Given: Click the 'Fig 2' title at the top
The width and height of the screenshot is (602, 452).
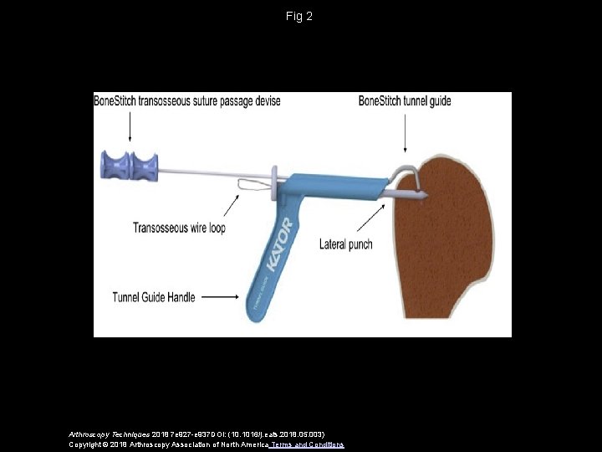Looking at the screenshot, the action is [x=300, y=16].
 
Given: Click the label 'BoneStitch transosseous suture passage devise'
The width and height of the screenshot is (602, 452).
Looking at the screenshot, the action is [x=186, y=101].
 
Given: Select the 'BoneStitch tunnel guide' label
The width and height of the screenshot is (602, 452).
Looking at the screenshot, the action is [x=405, y=101].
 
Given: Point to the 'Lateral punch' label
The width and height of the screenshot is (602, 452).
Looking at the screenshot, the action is [x=346, y=244].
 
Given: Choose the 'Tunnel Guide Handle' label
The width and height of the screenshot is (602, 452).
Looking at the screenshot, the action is [x=154, y=296].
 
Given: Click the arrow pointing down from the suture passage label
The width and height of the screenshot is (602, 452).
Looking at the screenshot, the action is [x=130, y=126].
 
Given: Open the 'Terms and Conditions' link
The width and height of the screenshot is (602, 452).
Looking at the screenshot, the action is [x=308, y=444].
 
